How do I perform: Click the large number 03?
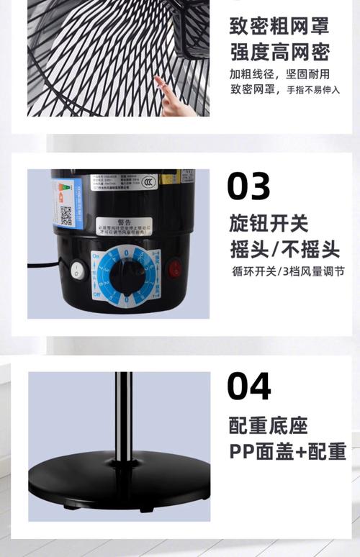tap(248, 186)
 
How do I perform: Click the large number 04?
tap(249, 386)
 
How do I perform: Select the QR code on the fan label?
tap(66, 215)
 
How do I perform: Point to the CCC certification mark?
tap(148, 182)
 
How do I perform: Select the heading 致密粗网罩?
tap(279, 26)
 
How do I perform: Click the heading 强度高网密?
tap(279, 52)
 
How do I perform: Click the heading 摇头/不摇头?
tap(284, 249)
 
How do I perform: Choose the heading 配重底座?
tap(268, 425)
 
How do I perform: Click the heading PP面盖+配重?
tap(287, 452)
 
